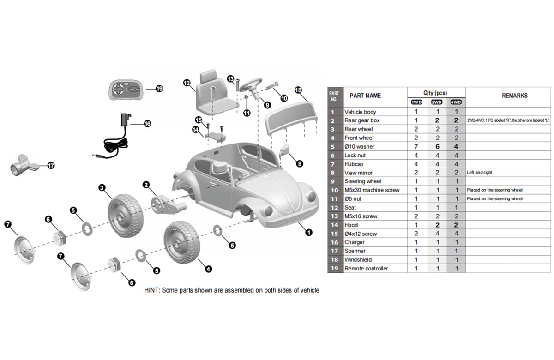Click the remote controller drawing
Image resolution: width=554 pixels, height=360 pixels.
126,90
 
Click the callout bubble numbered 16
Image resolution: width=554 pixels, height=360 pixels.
147,123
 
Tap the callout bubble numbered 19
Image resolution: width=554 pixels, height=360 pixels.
159,89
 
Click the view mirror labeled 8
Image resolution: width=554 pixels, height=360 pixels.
285,150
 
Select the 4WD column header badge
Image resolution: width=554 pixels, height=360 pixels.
456,102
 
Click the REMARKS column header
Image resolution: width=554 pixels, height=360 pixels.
514,96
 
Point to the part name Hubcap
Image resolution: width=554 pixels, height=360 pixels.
354,164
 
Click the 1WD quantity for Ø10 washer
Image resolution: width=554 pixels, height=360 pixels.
416,146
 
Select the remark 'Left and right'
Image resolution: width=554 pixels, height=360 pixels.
481,173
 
